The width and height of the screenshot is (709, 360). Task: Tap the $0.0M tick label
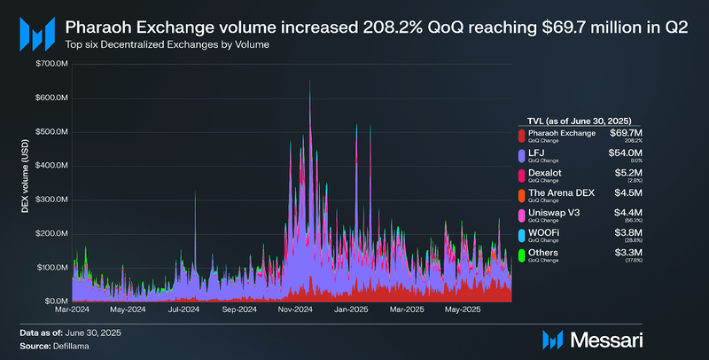click(x=55, y=301)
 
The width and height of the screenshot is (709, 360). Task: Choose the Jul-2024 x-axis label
click(x=184, y=309)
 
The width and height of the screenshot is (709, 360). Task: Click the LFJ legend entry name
click(x=537, y=152)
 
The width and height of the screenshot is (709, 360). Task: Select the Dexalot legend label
click(x=544, y=172)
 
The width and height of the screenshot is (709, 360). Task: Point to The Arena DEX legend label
click(x=561, y=192)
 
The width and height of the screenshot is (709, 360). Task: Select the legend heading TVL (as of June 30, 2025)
click(x=579, y=120)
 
